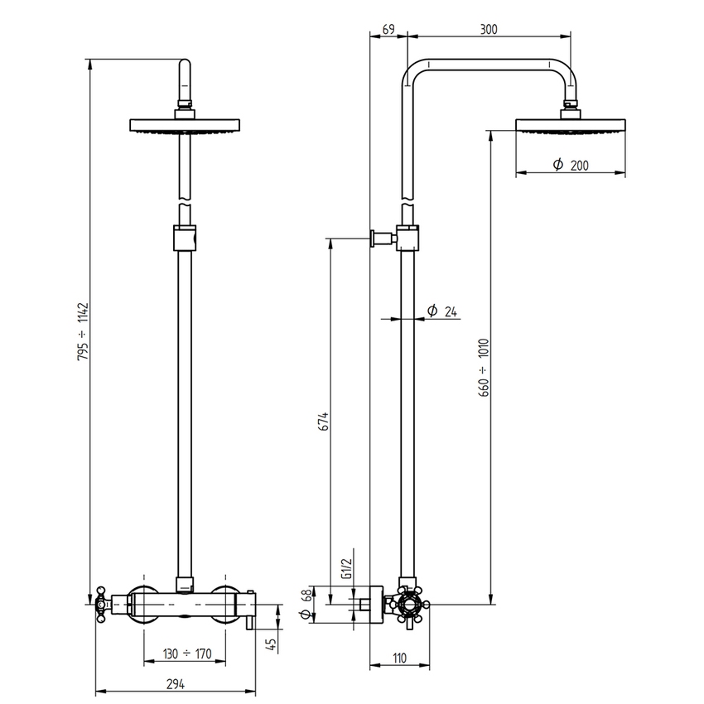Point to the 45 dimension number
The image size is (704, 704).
click(x=271, y=644)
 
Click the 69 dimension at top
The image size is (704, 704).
click(x=388, y=29)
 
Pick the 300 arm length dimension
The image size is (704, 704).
click(x=489, y=29)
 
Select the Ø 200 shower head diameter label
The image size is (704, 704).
click(x=571, y=166)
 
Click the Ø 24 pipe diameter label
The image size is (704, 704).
click(x=442, y=311)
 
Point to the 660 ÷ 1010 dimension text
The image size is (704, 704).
click(x=485, y=367)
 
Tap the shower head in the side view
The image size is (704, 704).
click(x=571, y=125)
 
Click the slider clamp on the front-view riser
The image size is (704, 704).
click(x=186, y=237)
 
